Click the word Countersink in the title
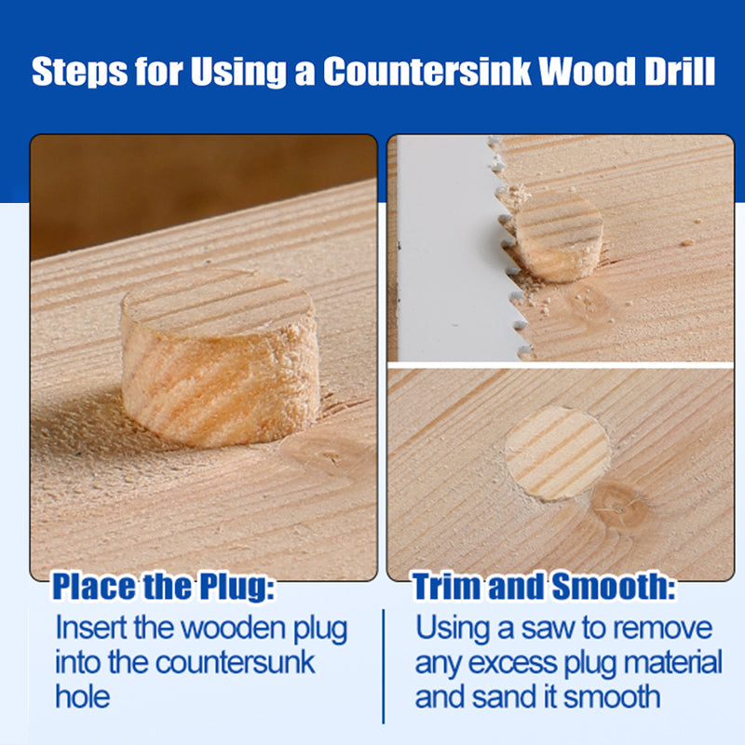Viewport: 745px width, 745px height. (427, 72)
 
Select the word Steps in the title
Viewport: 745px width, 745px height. (79, 73)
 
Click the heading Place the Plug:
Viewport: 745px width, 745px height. (163, 588)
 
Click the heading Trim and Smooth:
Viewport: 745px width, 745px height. (544, 587)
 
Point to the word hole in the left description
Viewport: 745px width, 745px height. (83, 697)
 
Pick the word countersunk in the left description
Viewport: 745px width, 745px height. (236, 662)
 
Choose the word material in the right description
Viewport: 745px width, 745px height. (672, 662)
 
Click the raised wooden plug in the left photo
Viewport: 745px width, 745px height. (220, 359)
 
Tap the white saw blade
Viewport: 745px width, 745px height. (451, 250)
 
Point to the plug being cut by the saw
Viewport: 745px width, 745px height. (557, 237)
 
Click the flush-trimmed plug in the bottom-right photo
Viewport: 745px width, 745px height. (557, 454)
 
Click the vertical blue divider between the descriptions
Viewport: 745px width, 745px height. (384, 666)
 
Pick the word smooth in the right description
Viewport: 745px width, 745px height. (612, 697)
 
